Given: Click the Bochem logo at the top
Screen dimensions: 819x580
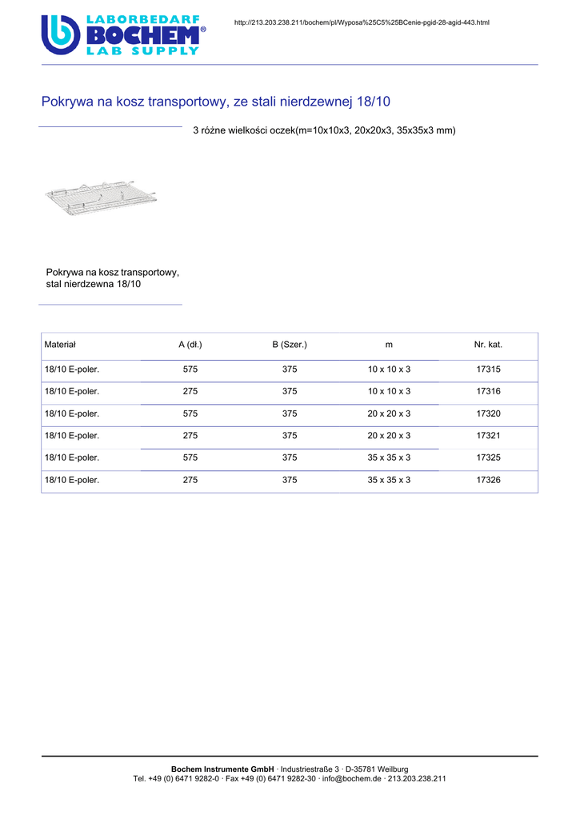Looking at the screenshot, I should click(123, 34).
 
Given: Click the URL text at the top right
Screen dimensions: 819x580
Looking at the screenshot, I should click(362, 22).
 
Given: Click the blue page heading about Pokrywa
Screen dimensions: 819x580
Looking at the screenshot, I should click(215, 102).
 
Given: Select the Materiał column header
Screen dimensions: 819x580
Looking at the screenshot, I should click(60, 345).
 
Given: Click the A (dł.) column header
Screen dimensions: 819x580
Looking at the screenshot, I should click(190, 345).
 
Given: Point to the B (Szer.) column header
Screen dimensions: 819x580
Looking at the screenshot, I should click(290, 345).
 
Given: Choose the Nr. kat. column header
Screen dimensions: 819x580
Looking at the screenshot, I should click(488, 345).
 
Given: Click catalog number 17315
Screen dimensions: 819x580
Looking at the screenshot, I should click(488, 370).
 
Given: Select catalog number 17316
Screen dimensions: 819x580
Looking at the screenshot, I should click(488, 391).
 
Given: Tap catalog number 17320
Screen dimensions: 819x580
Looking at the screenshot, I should click(488, 413).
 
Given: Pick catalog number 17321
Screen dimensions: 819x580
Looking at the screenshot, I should click(488, 436).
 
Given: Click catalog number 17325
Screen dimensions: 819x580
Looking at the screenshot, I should click(488, 457).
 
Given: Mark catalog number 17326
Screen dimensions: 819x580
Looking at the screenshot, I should click(488, 480).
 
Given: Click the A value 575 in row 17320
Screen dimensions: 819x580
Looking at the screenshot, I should click(190, 413).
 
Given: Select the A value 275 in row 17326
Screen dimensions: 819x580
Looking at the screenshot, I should click(190, 480).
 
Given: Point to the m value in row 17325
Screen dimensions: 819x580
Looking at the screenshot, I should click(389, 457).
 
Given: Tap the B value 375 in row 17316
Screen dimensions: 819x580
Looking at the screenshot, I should click(290, 391).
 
